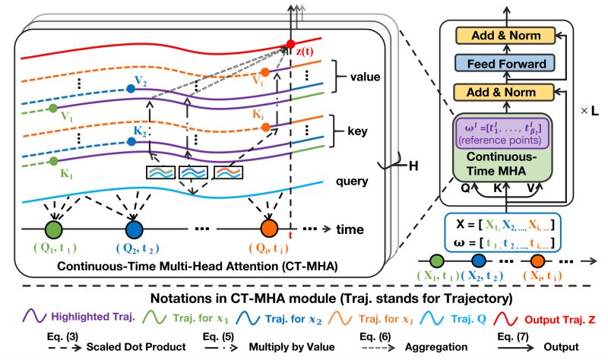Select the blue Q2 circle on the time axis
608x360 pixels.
pyautogui.click(x=134, y=229)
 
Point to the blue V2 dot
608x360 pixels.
pyautogui.click(x=131, y=89)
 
